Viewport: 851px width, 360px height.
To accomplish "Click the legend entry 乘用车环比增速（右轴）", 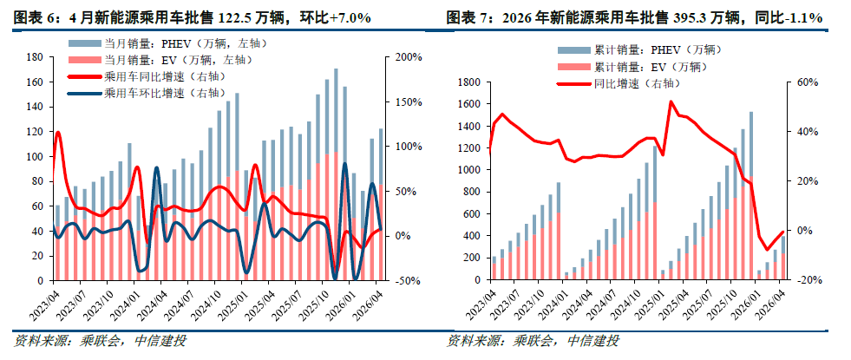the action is point(146,93).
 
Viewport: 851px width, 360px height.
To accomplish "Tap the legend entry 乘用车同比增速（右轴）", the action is point(146,76).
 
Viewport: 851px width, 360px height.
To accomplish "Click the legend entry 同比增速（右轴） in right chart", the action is point(619,83).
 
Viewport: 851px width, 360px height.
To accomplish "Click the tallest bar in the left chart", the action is point(336,174).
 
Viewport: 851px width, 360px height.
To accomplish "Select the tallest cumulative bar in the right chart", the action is point(751,195).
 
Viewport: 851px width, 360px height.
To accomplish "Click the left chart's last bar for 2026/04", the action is point(381,205).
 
